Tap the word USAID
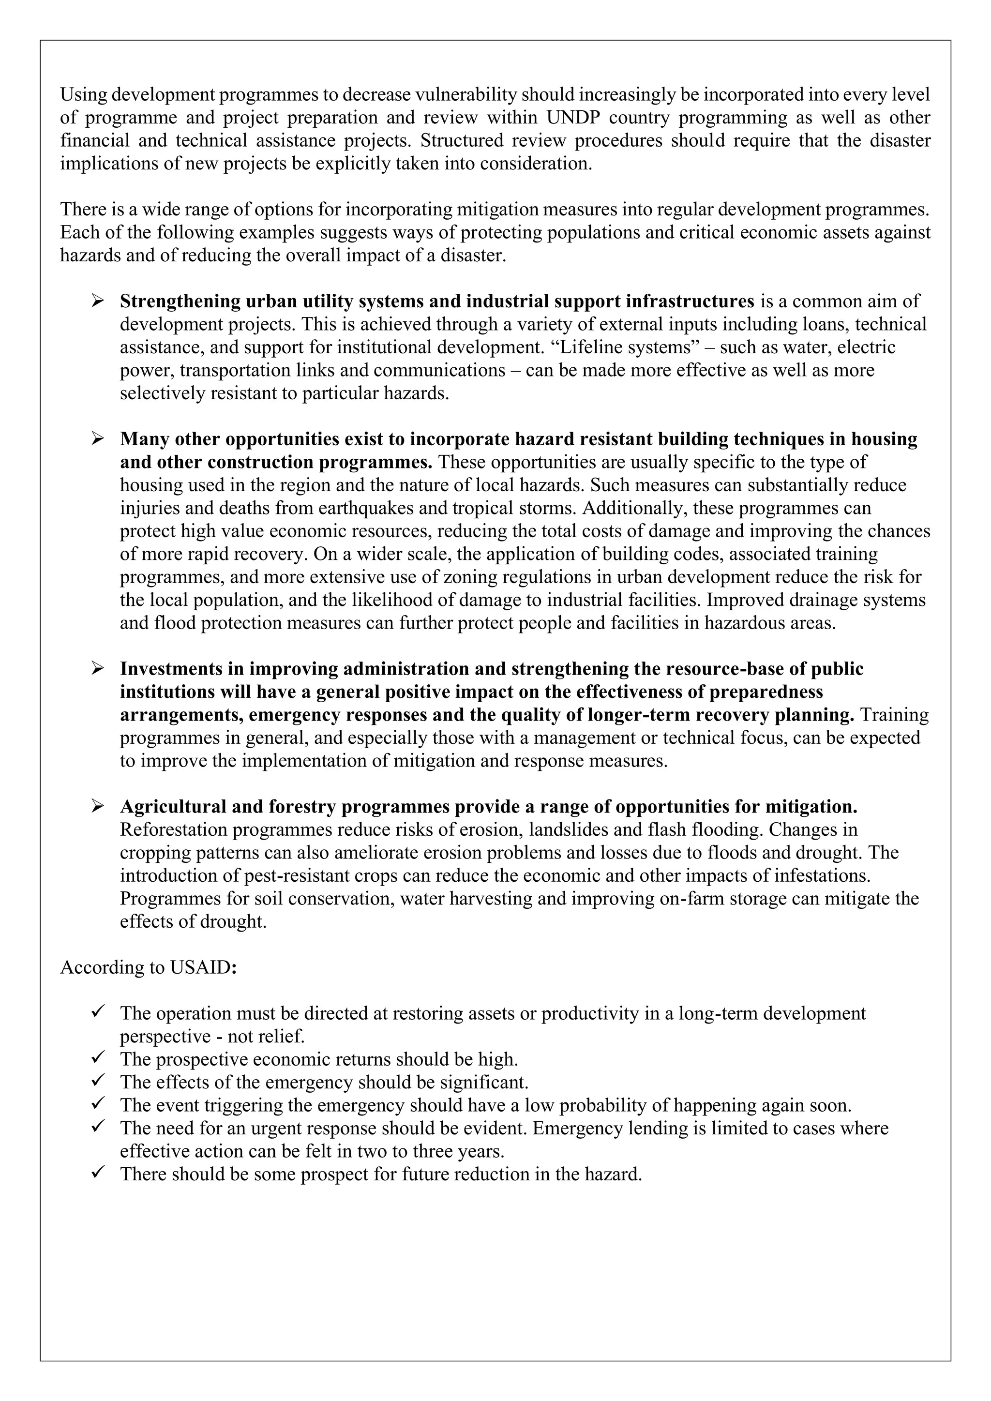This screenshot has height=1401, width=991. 201,968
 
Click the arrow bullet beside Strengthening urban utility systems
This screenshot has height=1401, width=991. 97,301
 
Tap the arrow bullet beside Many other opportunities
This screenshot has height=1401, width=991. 97,439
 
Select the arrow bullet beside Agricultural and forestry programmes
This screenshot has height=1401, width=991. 97,806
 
